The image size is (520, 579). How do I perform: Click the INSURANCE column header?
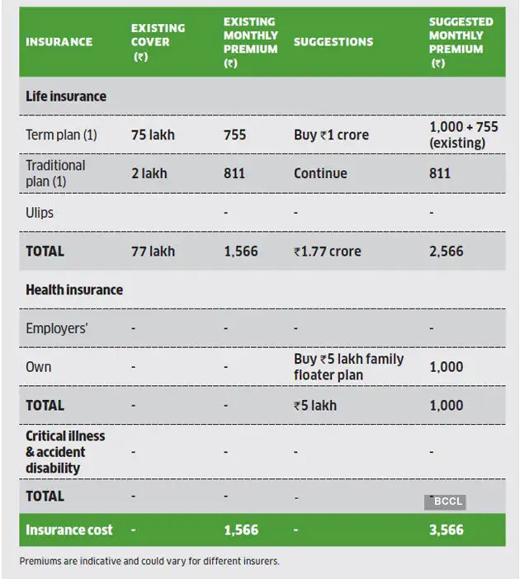[59, 41]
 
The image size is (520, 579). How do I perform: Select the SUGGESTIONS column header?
[333, 41]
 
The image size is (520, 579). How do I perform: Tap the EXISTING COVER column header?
[158, 41]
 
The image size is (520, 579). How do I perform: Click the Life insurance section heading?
[66, 96]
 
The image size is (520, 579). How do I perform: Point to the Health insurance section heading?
[74, 289]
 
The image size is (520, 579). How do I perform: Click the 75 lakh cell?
[153, 134]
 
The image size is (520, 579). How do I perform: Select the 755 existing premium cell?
[234, 134]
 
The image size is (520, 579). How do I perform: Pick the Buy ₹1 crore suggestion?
[331, 134]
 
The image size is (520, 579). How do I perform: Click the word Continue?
[320, 173]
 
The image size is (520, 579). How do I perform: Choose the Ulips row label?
[40, 212]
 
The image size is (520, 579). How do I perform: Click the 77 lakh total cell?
[153, 251]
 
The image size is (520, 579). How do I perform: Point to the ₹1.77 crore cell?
[327, 251]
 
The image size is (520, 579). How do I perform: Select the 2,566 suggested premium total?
[447, 251]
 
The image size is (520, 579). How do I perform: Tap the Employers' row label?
[57, 328]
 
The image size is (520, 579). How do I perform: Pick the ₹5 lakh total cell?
[315, 405]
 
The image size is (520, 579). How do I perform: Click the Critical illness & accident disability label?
[65, 451]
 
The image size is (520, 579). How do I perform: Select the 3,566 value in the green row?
[447, 530]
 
